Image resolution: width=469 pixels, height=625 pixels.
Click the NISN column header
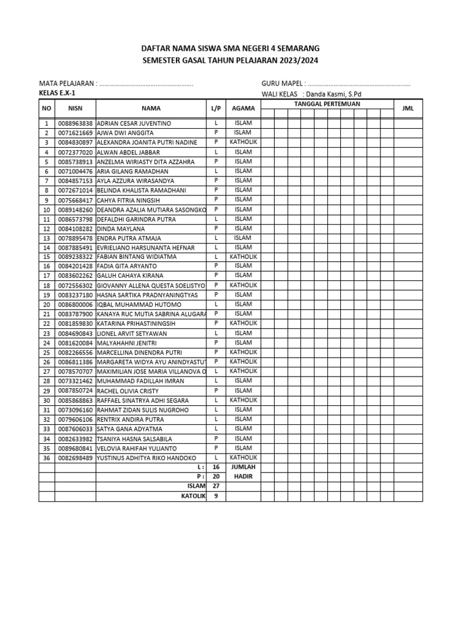(x=75, y=108)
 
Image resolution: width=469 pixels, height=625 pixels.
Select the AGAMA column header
(x=243, y=108)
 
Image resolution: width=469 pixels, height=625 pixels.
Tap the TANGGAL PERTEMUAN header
(x=327, y=104)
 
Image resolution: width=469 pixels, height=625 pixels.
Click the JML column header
(x=408, y=108)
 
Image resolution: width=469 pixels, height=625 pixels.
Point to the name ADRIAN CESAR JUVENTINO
(x=134, y=123)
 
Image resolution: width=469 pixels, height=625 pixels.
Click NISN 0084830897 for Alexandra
(x=75, y=142)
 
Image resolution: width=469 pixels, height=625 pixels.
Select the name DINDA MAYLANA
(x=121, y=228)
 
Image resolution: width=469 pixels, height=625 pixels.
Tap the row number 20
(x=46, y=305)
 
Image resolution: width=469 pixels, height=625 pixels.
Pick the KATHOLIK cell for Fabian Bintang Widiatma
(x=243, y=257)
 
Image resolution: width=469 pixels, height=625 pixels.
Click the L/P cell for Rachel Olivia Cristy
(x=216, y=391)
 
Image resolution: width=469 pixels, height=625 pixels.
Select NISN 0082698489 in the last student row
(x=75, y=458)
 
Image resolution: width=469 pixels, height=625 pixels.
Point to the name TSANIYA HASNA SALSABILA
(x=134, y=439)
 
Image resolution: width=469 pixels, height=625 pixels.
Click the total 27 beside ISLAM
(x=216, y=486)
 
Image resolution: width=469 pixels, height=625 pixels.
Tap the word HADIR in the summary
(x=243, y=477)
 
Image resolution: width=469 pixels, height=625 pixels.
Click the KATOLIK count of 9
(x=216, y=496)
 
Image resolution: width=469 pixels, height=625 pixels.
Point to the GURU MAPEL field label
(x=283, y=84)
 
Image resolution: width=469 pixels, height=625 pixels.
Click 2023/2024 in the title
(x=298, y=60)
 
